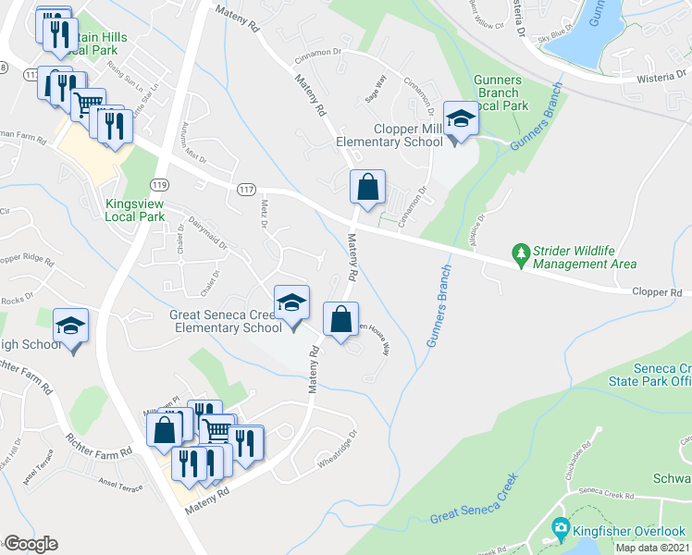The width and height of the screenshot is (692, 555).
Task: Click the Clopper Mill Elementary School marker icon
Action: click(461, 118)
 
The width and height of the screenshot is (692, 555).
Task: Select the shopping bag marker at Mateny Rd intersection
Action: click(367, 187)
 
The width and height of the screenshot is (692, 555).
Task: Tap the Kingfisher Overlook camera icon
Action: click(560, 530)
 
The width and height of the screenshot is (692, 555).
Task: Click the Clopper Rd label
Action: click(657, 292)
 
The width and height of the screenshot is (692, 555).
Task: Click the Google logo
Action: click(30, 544)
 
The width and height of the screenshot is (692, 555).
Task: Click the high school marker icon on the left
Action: click(70, 326)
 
